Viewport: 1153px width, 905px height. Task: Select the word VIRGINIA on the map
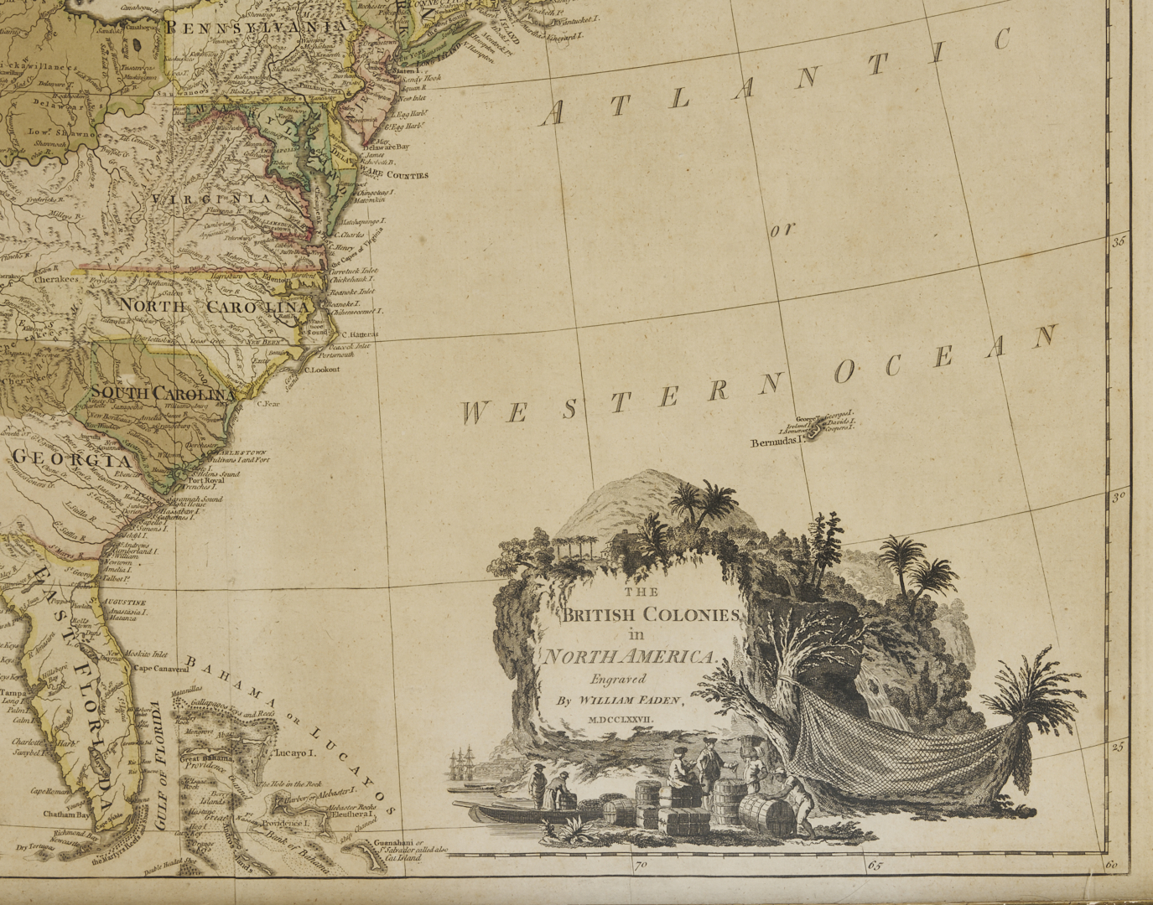[211, 199]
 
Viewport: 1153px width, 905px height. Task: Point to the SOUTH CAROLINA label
[163, 393]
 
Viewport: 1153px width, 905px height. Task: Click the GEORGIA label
[73, 460]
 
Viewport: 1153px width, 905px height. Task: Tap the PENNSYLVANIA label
[256, 28]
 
